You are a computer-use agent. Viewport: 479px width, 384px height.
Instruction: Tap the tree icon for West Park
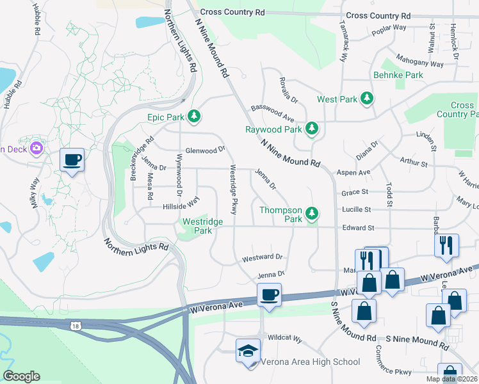[367, 99]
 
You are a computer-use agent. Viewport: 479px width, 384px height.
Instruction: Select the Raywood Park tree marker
[312, 129]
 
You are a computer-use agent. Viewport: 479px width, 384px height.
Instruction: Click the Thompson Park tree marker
[312, 212]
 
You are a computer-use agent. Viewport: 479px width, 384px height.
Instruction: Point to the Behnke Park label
[398, 75]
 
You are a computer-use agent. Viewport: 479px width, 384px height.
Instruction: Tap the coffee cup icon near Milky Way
[72, 160]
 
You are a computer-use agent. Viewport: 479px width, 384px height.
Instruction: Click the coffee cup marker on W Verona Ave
[269, 295]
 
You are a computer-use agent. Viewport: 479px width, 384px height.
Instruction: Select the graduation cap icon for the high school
[248, 351]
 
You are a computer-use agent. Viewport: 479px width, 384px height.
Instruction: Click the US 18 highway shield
[76, 326]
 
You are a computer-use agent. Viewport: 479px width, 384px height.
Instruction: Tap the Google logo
[21, 376]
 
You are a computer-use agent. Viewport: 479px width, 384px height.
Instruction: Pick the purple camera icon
[36, 148]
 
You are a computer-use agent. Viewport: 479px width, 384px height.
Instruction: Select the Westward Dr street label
[262, 257]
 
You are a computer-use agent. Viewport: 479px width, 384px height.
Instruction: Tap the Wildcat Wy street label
[284, 337]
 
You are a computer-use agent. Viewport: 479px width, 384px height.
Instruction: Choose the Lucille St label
[356, 209]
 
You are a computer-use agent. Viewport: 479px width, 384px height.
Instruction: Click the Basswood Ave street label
[272, 115]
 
